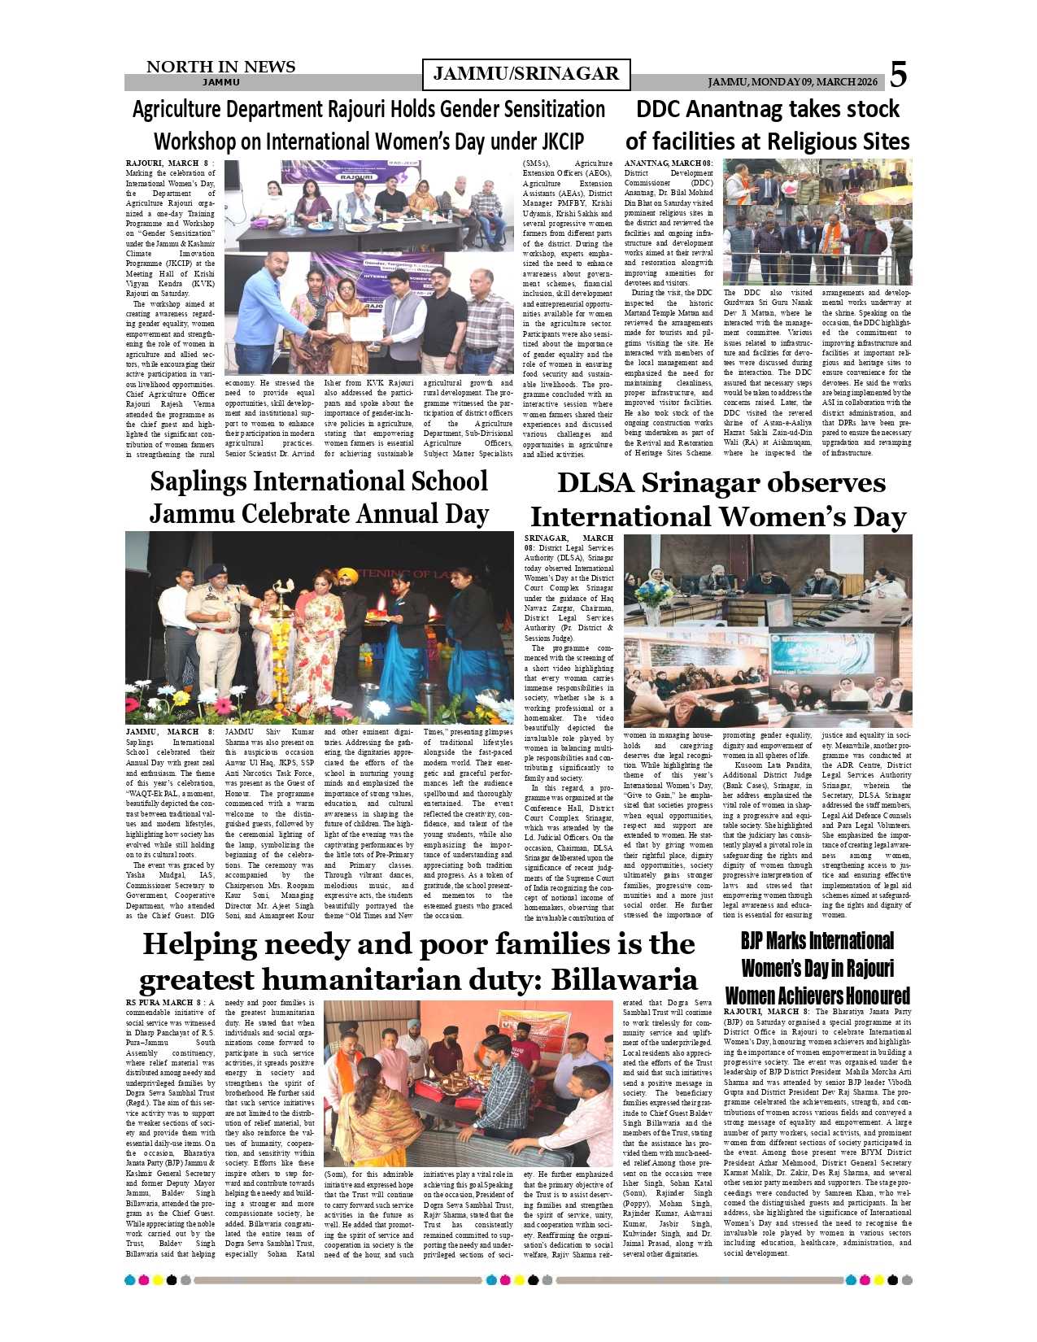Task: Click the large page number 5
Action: click(897, 75)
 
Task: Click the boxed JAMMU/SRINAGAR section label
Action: click(526, 75)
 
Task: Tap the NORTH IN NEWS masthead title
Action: click(220, 67)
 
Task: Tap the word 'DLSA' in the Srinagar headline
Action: click(597, 483)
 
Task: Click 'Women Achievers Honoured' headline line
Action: click(817, 996)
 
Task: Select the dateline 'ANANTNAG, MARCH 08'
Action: click(668, 163)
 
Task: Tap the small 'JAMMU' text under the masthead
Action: click(220, 82)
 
